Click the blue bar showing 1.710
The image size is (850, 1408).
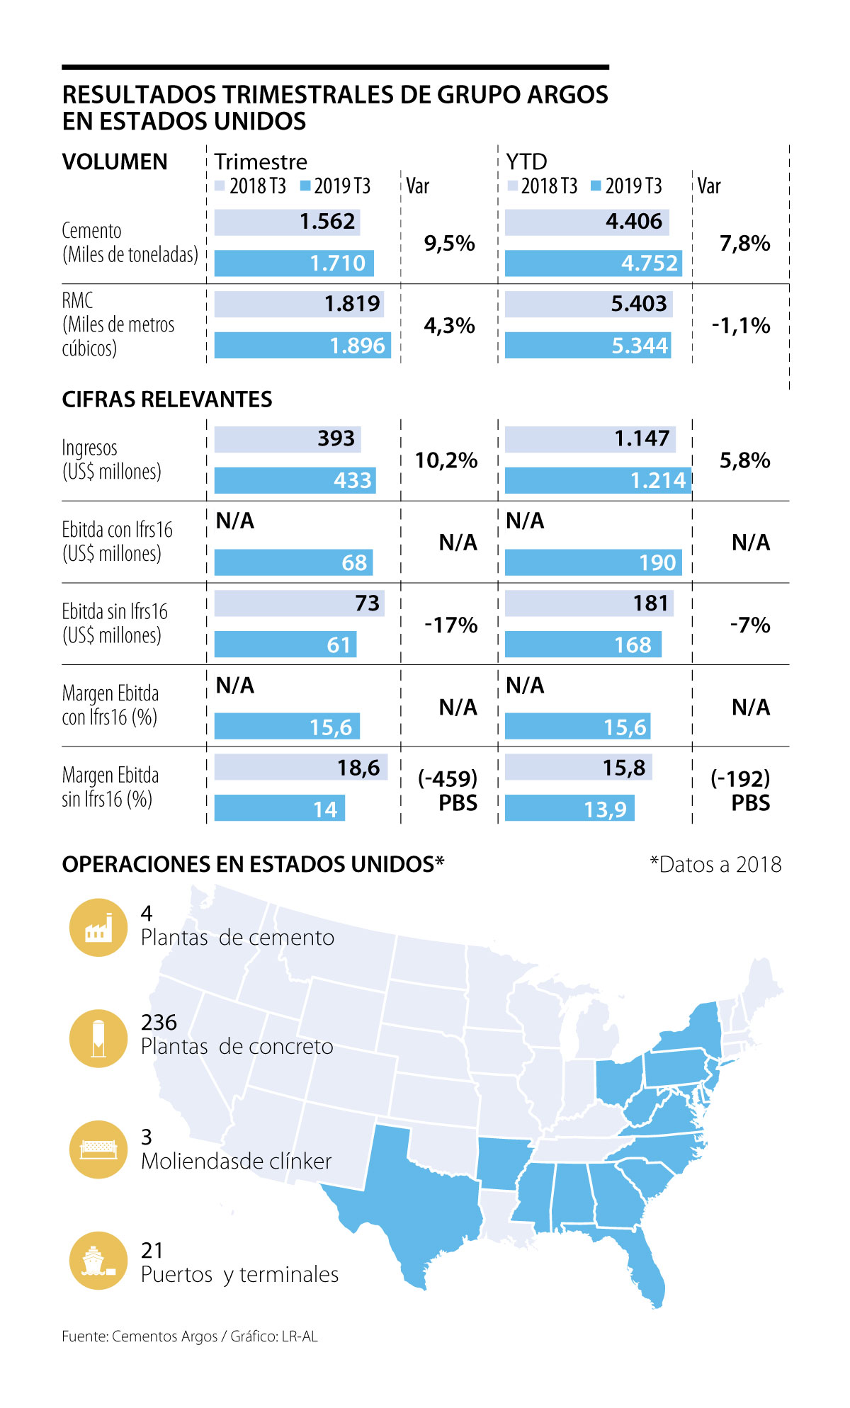click(294, 263)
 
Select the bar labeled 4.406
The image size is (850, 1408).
click(586, 222)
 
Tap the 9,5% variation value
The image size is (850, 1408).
click(449, 244)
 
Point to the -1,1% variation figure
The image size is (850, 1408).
click(741, 326)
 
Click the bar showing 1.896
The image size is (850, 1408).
click(302, 346)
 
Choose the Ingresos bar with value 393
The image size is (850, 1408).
click(287, 439)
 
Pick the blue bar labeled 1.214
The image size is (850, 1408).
click(598, 481)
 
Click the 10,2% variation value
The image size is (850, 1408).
click(446, 461)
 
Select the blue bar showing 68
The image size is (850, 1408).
click(293, 563)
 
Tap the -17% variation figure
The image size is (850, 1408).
click(450, 625)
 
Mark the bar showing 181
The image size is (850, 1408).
click(589, 603)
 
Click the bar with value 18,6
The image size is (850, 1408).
click(300, 768)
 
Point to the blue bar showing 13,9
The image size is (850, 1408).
click(569, 809)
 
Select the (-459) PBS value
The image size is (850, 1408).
click(448, 790)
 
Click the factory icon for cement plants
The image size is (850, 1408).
click(98, 928)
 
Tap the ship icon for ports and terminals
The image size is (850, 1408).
click(98, 1261)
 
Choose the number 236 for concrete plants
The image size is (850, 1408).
click(159, 1023)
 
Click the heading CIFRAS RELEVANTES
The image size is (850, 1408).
click(167, 400)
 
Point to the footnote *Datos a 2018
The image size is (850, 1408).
click(715, 865)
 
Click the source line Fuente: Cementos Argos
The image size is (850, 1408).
click(190, 1336)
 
